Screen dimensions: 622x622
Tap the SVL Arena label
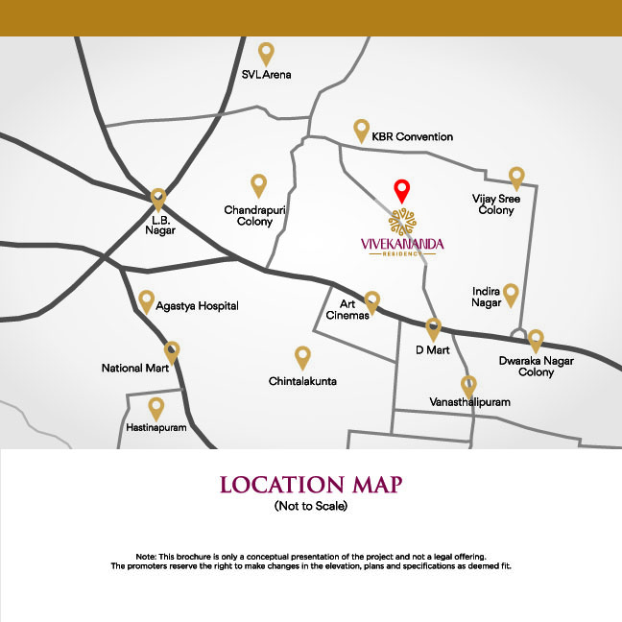coord(266,74)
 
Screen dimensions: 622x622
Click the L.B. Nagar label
coord(159,226)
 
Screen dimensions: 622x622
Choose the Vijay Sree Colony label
coord(496,204)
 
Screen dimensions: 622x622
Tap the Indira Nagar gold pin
coord(512,294)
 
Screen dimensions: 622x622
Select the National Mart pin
coord(173,351)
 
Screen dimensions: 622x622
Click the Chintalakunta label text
coord(302,381)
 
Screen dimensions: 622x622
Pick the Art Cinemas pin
coord(372,301)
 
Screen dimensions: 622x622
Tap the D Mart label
coord(433,350)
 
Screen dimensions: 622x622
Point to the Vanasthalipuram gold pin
coord(469,386)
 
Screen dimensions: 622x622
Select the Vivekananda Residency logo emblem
coord(403,220)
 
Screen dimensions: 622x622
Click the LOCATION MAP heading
coord(310,484)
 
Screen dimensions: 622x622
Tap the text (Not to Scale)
coord(310,506)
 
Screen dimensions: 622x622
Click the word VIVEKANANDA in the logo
coord(402,245)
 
